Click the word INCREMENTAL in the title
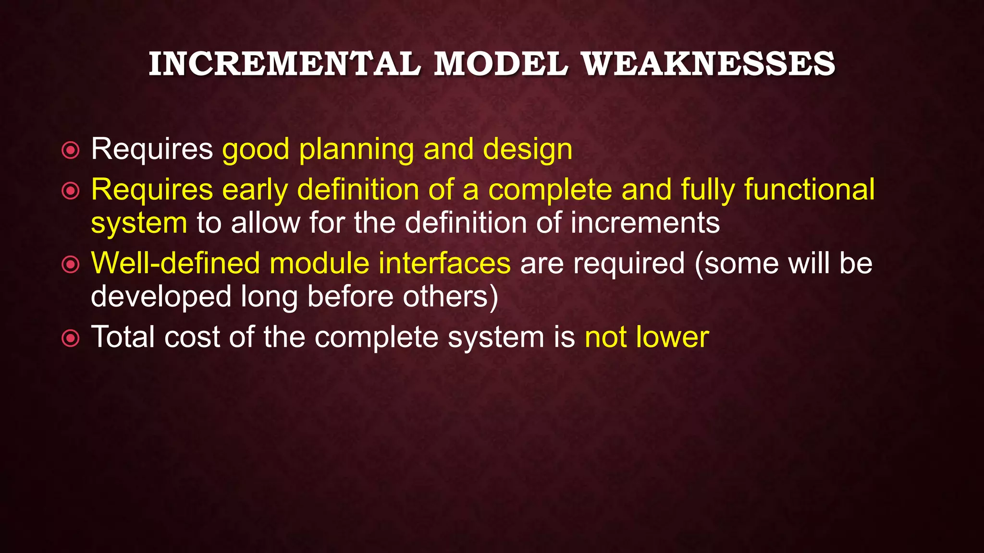[284, 64]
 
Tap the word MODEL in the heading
[501, 64]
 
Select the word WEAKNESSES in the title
[708, 64]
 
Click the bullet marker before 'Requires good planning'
[71, 151]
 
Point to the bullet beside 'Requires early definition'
[71, 192]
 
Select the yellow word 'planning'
[356, 150]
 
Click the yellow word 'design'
[528, 149]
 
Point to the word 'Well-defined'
[175, 263]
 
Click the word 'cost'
[192, 337]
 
